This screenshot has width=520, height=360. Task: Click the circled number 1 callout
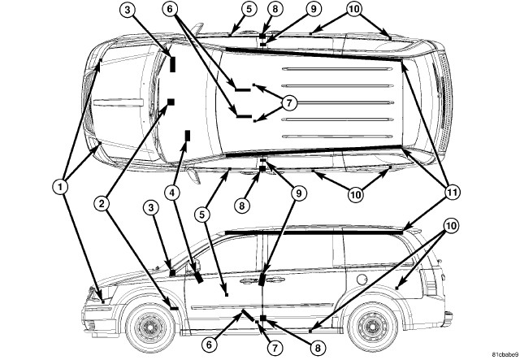pos(60,188)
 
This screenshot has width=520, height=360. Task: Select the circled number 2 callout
pos(101,203)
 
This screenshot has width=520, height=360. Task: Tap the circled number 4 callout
pos(172,193)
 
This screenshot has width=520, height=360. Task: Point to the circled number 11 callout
pos(453,192)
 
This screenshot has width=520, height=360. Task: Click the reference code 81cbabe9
pos(505,353)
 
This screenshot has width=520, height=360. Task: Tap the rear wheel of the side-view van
pos(374,327)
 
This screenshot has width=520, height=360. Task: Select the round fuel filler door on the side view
pos(362,280)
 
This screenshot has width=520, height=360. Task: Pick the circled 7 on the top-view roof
pos(289,103)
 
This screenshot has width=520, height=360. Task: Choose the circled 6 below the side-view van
pos(209,345)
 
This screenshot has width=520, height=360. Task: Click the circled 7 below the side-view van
pos(275,348)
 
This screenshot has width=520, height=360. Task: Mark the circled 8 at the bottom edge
pos(318,348)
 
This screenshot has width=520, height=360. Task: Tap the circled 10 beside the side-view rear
pos(451,226)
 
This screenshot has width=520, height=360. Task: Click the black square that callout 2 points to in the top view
pos(171,102)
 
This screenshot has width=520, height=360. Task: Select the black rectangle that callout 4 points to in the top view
pos(188,136)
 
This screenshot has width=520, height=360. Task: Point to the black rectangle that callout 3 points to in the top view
pos(172,64)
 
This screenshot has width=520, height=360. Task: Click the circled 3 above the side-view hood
pos(151,208)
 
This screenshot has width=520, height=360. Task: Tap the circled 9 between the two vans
pos(298,193)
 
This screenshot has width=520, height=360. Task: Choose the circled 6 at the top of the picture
pos(170,9)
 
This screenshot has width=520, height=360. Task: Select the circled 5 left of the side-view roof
pos(202,215)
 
